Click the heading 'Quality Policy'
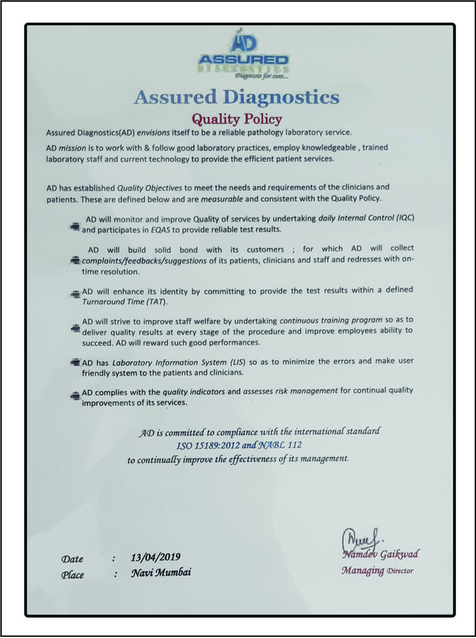(237, 118)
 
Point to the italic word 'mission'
(72, 148)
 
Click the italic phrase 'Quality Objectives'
(147, 187)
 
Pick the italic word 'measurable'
(222, 199)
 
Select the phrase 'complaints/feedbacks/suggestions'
(144, 260)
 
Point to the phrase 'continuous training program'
(331, 320)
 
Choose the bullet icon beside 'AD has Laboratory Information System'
(74, 363)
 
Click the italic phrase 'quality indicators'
(193, 392)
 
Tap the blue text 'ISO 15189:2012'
(208, 446)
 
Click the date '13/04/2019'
(155, 557)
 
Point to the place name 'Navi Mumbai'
(161, 572)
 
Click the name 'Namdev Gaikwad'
(380, 554)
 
